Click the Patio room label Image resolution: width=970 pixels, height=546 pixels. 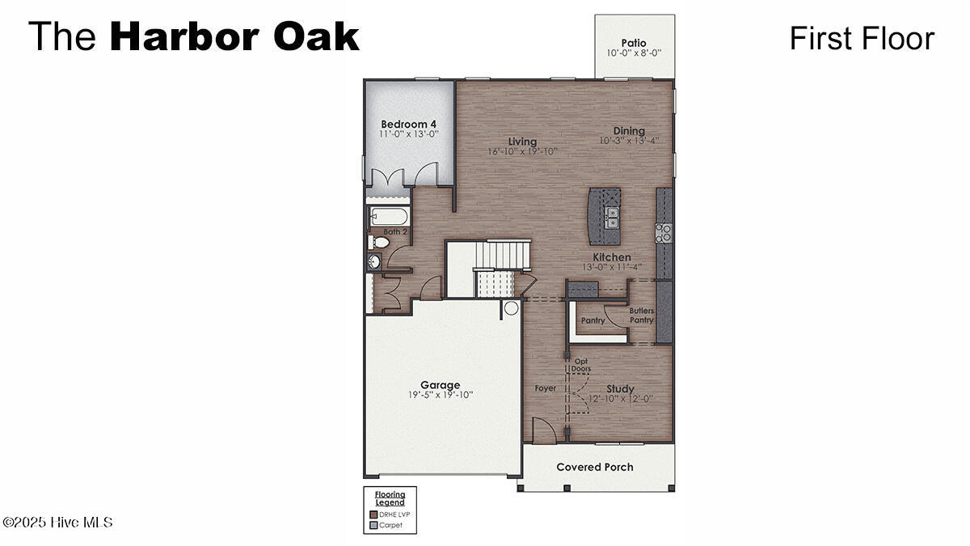(x=634, y=43)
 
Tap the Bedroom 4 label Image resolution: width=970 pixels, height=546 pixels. (x=409, y=125)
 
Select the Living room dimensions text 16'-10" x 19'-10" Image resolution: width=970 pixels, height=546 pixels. (x=522, y=151)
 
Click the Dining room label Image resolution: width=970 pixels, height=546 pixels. (x=629, y=131)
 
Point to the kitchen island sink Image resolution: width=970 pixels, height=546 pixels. (x=612, y=218)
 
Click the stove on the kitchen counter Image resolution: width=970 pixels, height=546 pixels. (x=664, y=233)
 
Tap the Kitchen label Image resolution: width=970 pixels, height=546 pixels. (x=612, y=257)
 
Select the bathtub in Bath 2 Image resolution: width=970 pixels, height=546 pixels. (x=390, y=217)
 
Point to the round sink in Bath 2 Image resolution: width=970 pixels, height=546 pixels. (x=374, y=261)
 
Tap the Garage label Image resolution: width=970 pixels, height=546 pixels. (x=440, y=385)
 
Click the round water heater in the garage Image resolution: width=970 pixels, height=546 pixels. (x=511, y=307)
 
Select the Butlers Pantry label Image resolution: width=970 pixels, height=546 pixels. (x=642, y=315)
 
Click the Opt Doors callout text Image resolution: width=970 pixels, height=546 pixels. (x=581, y=365)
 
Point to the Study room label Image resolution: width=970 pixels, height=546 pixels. (x=620, y=389)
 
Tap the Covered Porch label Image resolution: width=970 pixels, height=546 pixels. (x=595, y=467)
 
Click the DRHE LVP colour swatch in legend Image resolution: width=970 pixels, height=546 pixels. (x=373, y=514)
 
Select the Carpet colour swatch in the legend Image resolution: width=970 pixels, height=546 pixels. (x=373, y=525)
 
